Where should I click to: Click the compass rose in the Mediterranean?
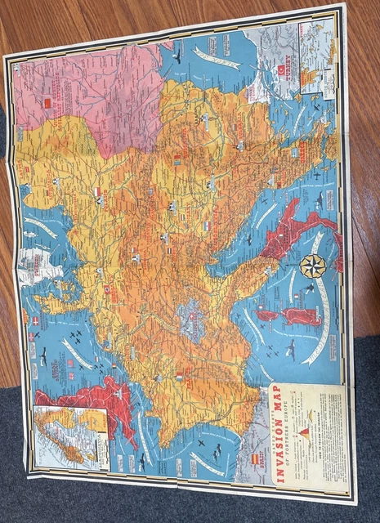311,266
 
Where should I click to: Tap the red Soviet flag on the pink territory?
47,103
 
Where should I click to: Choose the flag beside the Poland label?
98,192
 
